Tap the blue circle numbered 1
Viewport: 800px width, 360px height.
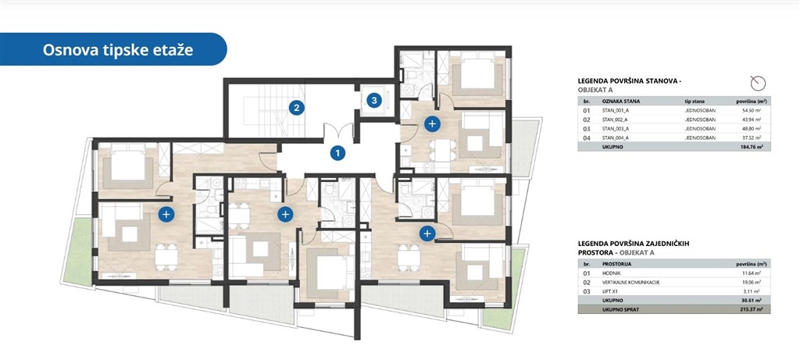[337, 153]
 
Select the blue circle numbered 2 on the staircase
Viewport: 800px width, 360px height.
[295, 108]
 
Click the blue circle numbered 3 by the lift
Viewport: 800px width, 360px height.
[374, 100]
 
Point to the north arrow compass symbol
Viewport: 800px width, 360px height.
[755, 83]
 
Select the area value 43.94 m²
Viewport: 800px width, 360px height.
[749, 120]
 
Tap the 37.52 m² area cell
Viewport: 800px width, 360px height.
[749, 137]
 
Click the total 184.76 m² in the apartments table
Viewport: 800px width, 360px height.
[748, 146]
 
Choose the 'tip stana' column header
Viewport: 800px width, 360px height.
[695, 102]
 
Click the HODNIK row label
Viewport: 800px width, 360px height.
[611, 273]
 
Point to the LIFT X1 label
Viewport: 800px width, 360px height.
[610, 290]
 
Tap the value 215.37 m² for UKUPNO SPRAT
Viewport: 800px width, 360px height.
[748, 308]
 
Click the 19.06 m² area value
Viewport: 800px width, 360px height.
[749, 282]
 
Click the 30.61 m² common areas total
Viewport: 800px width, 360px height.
[748, 300]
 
